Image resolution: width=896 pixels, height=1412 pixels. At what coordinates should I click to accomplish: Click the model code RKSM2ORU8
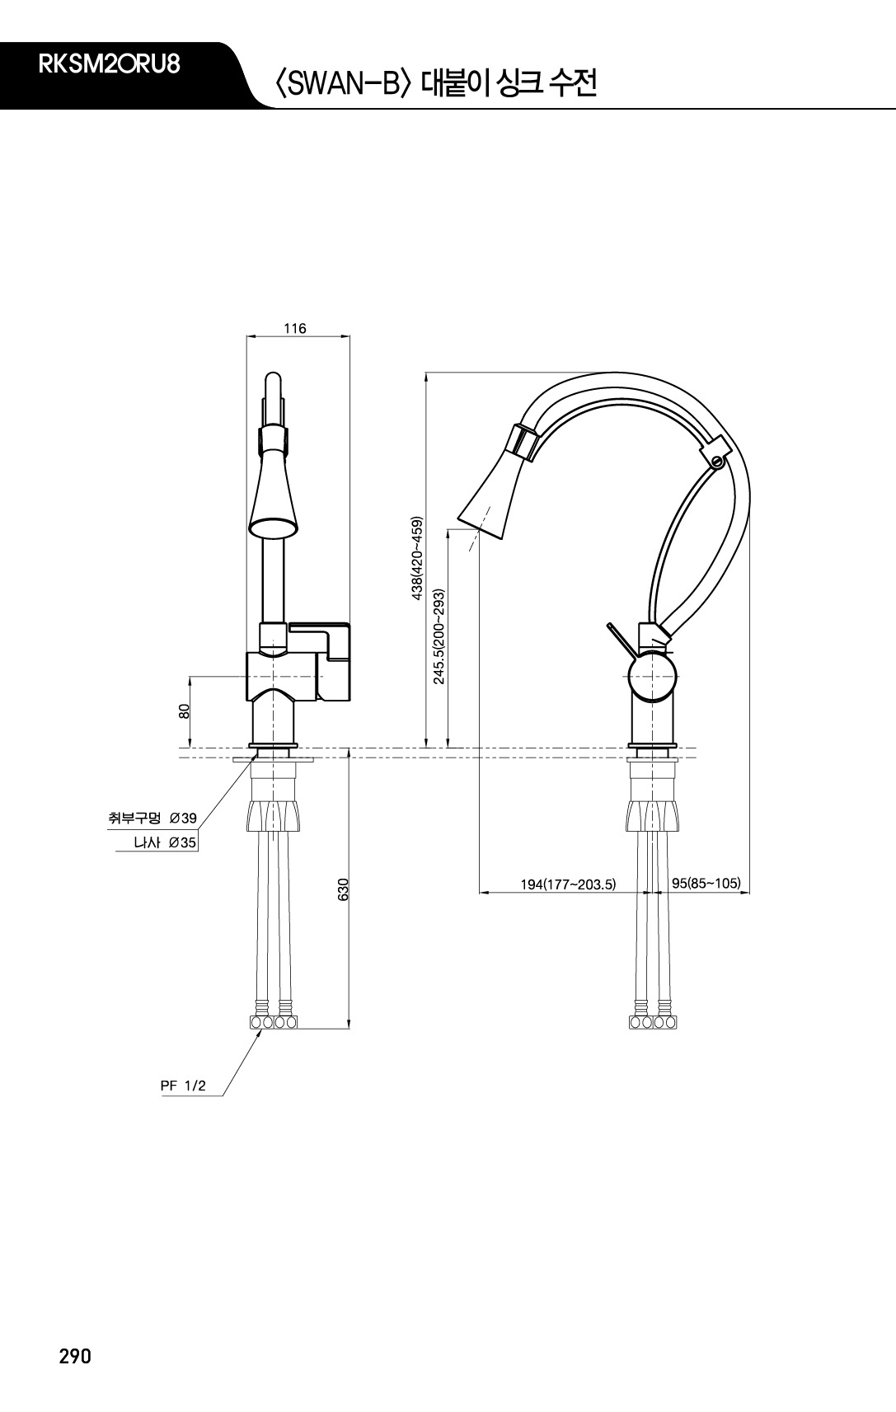pos(109,65)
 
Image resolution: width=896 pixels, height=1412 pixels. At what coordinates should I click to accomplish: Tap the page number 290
pos(75,1356)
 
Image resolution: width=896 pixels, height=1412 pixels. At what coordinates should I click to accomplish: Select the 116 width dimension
pos(295,328)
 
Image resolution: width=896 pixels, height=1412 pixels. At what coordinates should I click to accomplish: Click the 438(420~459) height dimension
pos(417,558)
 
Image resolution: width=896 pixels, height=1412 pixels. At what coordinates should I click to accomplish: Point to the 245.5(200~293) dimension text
pos(439,636)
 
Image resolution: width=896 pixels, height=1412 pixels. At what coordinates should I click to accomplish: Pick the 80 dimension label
pos(184,711)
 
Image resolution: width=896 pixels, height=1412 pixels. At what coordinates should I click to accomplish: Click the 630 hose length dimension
pos(343,889)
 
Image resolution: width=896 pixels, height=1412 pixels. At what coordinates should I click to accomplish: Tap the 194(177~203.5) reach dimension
pos(568,884)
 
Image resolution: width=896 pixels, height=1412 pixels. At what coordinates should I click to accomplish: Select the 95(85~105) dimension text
pos(706,883)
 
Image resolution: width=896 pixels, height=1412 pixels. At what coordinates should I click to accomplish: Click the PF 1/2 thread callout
pos(183,1086)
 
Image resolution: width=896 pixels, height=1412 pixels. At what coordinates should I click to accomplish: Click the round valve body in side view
pos(653,678)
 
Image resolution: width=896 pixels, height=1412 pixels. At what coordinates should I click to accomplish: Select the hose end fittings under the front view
pos(274,1022)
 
